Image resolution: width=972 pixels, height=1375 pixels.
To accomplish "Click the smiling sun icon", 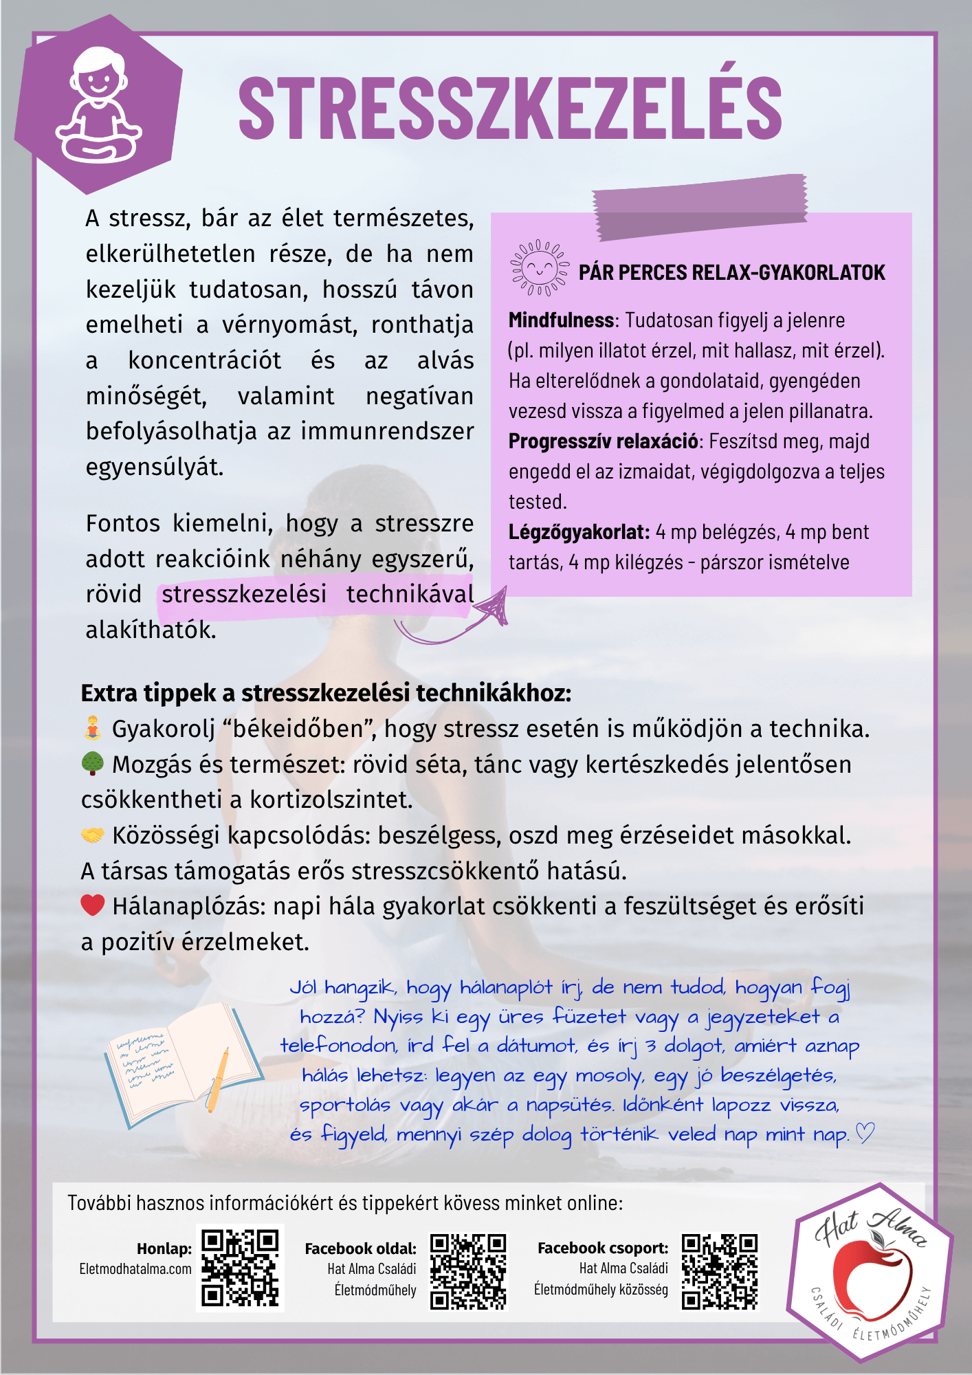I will pyautogui.click(x=540, y=268).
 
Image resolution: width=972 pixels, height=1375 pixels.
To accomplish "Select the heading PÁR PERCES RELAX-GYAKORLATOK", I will pyautogui.click(x=731, y=273).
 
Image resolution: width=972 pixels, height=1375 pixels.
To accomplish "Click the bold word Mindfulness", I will pyautogui.click(x=561, y=320).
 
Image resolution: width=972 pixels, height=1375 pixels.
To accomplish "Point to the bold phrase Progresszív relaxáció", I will pyautogui.click(x=603, y=441).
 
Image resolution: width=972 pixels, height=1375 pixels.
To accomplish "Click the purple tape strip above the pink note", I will pyautogui.click(x=699, y=206).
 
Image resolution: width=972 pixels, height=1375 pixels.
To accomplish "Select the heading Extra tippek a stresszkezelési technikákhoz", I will pyautogui.click(x=326, y=693).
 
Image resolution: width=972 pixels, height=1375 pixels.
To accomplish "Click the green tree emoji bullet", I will pyautogui.click(x=92, y=764).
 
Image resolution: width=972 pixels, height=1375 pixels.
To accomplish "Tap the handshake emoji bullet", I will pyautogui.click(x=92, y=835).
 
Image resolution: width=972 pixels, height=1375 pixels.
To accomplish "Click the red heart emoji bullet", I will pyautogui.click(x=92, y=905).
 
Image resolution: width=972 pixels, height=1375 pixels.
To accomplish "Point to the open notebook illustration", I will pyautogui.click(x=182, y=1066).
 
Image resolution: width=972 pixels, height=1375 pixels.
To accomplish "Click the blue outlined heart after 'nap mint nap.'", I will pyautogui.click(x=864, y=1133).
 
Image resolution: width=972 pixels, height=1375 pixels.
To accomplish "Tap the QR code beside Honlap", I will pyautogui.click(x=240, y=1268).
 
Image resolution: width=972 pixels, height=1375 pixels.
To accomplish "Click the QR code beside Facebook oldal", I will pyautogui.click(x=468, y=1271).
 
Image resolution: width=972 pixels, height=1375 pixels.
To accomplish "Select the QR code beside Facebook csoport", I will pyautogui.click(x=720, y=1271).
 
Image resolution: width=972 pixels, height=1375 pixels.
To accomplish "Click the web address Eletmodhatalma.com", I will pyautogui.click(x=135, y=1269).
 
